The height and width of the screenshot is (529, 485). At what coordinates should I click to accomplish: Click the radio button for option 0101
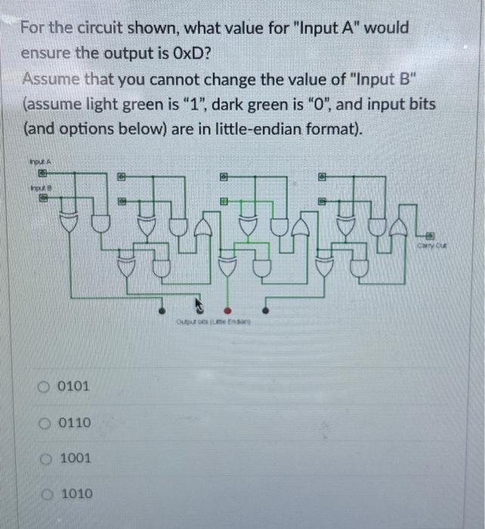tap(47, 386)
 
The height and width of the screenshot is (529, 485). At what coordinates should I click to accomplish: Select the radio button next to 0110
tap(47, 422)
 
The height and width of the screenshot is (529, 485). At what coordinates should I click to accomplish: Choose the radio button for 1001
tap(47, 458)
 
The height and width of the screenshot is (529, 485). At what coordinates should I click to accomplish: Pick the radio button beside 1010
tap(47, 493)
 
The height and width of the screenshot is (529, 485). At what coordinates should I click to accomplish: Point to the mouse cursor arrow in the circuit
tap(199, 305)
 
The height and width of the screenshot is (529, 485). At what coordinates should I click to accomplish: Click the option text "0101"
tap(73, 386)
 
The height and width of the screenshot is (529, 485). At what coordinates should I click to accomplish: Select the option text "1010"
tap(76, 493)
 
